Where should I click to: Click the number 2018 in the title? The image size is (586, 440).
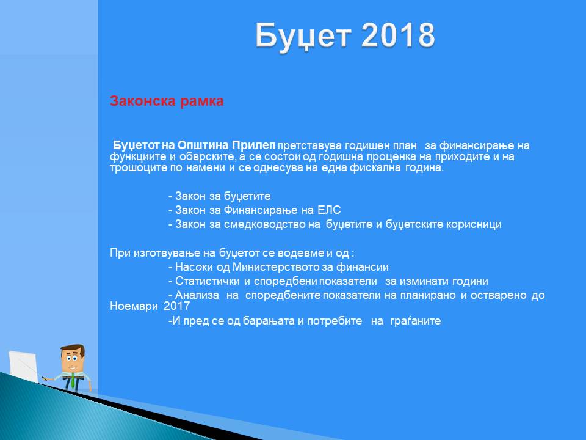point(398,35)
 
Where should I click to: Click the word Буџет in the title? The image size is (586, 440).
point(303,37)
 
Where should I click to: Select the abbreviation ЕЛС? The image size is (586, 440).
point(329,210)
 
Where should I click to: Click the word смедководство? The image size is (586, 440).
point(272,224)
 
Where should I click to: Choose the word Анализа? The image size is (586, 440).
point(197,295)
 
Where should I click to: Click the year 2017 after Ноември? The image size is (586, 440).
point(177,306)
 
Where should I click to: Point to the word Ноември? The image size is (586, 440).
point(134,306)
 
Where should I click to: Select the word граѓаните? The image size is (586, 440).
point(415,321)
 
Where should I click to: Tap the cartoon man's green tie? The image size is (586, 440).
point(72,382)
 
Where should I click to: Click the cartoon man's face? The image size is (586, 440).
point(73,359)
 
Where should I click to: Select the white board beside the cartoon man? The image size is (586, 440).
point(23,367)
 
